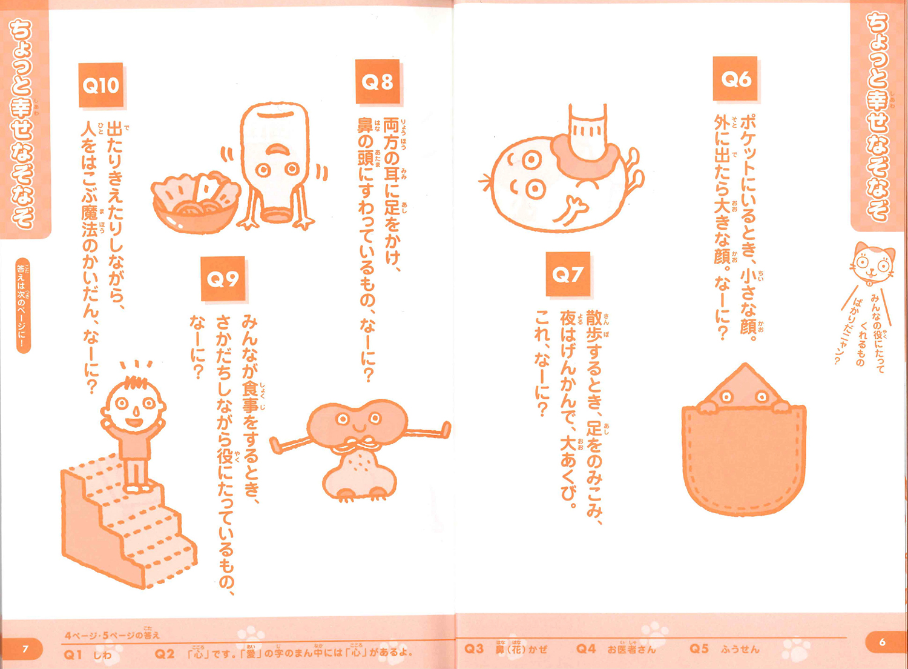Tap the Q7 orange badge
(568, 275)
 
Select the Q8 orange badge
(377, 82)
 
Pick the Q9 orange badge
(223, 279)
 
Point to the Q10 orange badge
(101, 85)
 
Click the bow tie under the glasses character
(356, 444)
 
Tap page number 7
(25, 649)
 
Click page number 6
(882, 642)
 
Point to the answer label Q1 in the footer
(73, 654)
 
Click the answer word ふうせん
(740, 649)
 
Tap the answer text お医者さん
(631, 648)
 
